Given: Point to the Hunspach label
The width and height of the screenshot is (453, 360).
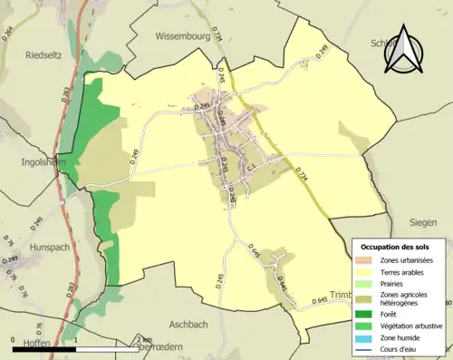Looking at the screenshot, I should point(30,245).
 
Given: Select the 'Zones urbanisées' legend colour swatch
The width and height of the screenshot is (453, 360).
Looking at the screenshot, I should point(367,260).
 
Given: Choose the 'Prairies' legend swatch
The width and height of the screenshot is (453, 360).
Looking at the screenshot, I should point(367,283).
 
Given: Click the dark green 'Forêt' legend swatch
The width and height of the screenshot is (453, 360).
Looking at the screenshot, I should point(367,314).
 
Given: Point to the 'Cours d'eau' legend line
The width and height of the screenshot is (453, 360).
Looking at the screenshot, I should point(367,348).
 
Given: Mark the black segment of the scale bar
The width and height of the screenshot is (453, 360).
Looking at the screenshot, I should point(43,346).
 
